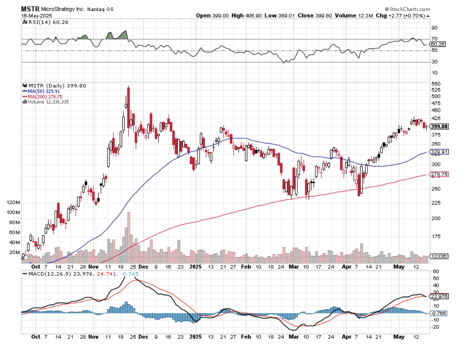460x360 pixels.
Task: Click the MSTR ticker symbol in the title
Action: pos(30,9)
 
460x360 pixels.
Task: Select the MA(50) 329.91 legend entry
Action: pos(44,91)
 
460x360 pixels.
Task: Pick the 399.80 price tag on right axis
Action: pos(439,127)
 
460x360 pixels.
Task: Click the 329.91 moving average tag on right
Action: pos(439,152)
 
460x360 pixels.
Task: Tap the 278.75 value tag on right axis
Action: pos(439,174)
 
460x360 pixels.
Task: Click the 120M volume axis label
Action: pos(14,202)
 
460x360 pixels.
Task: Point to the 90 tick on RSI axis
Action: pos(434,28)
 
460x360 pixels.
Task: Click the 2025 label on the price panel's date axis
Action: pos(196,266)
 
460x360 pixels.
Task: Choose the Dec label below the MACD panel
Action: pos(143,336)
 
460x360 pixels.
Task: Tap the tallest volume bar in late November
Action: pos(129,237)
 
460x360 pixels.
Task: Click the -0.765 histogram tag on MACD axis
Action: pos(438,313)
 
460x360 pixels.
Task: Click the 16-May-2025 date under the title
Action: pos(35,15)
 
